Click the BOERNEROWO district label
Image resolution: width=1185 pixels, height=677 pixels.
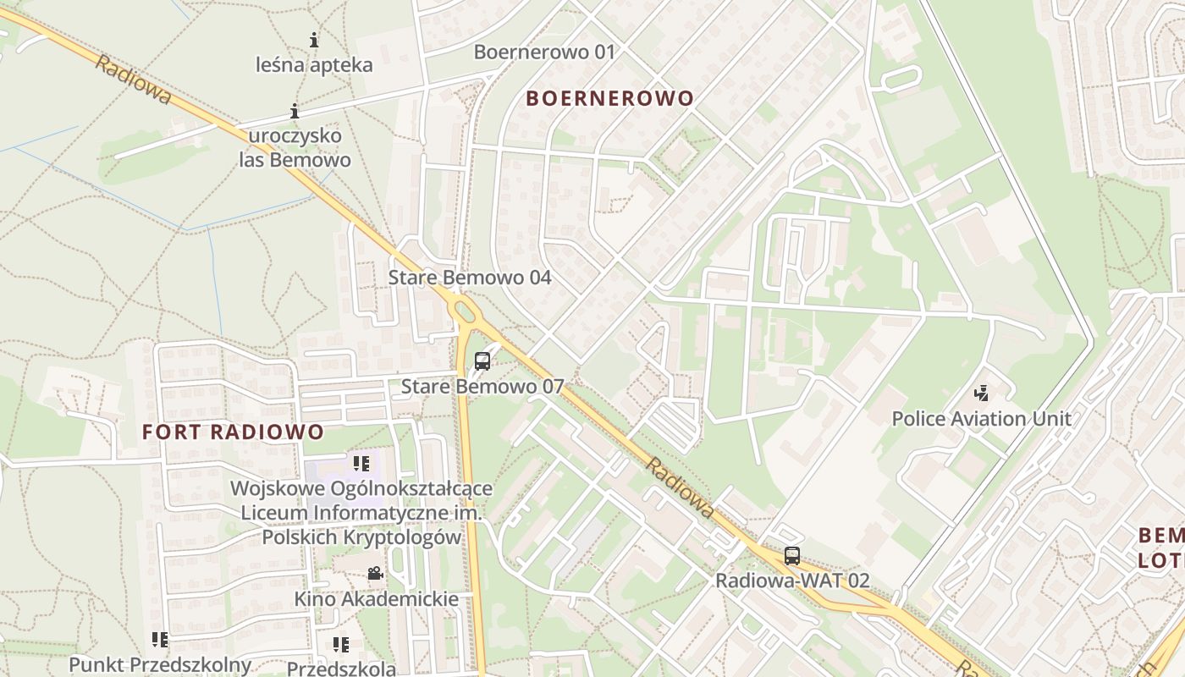click(x=609, y=98)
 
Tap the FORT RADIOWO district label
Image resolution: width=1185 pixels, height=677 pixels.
click(x=233, y=432)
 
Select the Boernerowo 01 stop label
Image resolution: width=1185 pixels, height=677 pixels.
click(x=544, y=52)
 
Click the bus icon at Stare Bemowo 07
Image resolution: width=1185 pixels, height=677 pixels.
click(x=482, y=361)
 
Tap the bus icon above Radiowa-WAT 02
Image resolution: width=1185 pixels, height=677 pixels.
click(x=791, y=556)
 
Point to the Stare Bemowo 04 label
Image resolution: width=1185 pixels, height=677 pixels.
click(x=470, y=278)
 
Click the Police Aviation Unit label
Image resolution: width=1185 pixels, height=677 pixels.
click(x=982, y=418)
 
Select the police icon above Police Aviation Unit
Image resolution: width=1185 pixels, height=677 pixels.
click(x=982, y=394)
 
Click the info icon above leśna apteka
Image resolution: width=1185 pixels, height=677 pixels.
click(x=314, y=40)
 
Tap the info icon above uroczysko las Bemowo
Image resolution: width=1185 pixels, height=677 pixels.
click(x=295, y=111)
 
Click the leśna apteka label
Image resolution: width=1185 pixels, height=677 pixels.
click(x=315, y=65)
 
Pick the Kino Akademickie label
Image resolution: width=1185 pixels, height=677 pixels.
click(x=376, y=599)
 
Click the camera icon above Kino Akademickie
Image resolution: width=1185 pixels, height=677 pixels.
click(x=375, y=574)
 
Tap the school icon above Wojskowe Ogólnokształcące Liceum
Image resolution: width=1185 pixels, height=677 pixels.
click(x=361, y=463)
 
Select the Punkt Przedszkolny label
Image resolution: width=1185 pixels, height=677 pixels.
click(x=160, y=664)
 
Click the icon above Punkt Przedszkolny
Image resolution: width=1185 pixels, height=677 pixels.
click(x=160, y=640)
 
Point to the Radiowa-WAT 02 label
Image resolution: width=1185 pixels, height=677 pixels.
click(x=792, y=581)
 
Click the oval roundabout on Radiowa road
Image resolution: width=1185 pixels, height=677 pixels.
click(x=465, y=311)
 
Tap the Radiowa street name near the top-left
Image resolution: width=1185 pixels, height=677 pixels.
click(x=133, y=80)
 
